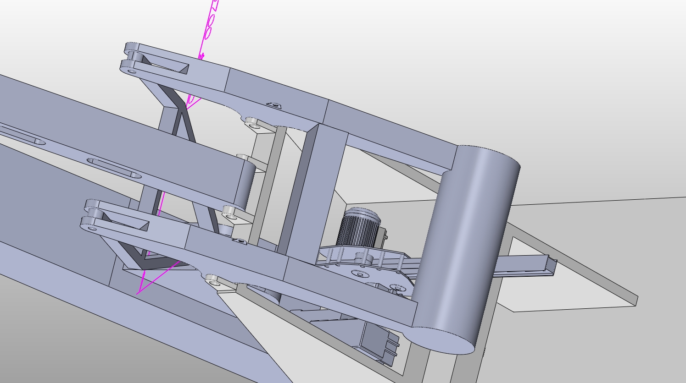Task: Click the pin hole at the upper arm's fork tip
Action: [131, 71]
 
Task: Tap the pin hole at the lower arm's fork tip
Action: [92, 228]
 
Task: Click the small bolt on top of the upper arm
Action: [274, 105]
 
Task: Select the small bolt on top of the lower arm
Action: [238, 240]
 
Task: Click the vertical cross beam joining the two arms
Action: [312, 188]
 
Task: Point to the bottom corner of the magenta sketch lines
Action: [139, 293]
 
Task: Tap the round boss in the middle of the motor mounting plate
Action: [360, 274]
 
